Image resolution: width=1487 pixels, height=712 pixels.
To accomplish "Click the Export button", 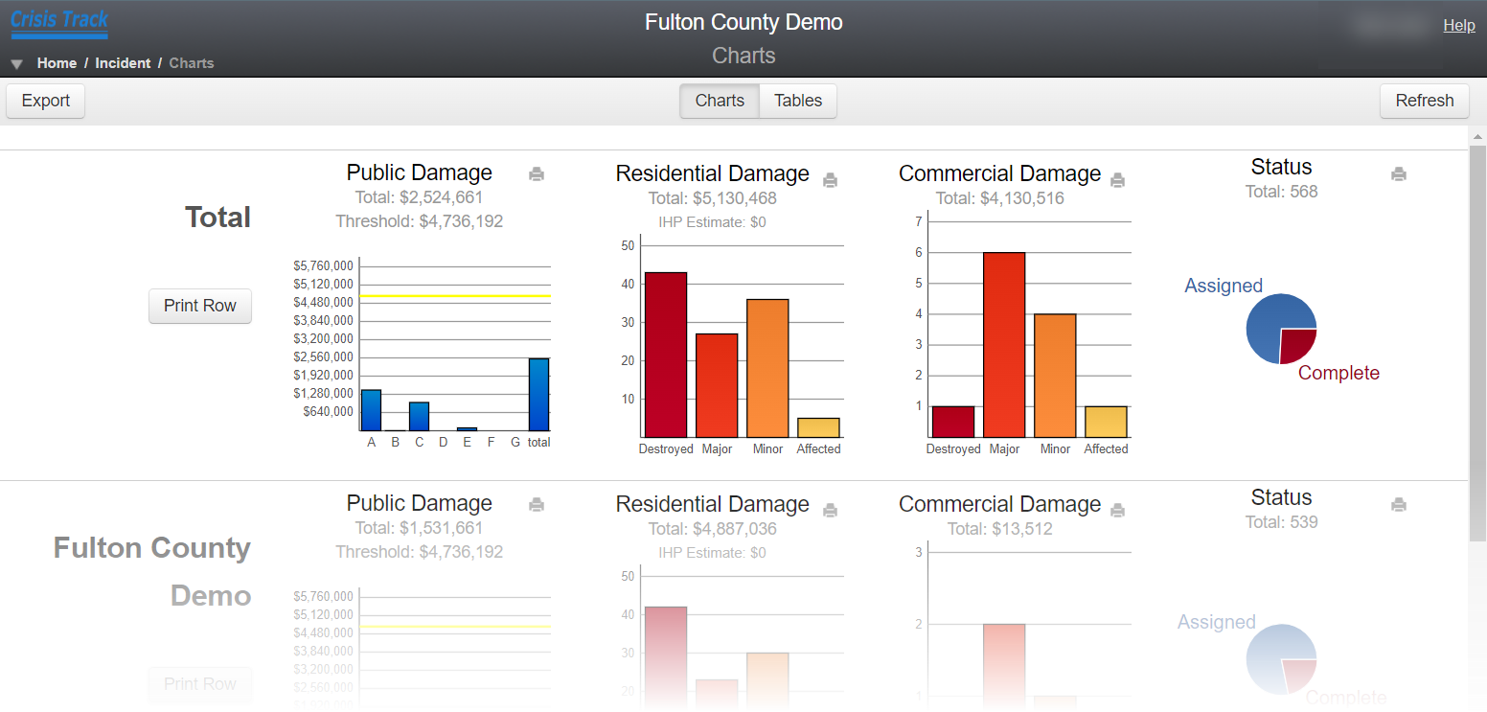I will click(46, 101).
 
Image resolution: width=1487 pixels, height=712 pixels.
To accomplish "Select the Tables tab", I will click(798, 101).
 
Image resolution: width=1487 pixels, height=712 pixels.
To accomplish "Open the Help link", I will click(1458, 26).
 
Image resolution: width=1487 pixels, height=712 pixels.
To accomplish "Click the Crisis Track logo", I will click(59, 21).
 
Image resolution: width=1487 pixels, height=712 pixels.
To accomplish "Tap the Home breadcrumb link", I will click(57, 63).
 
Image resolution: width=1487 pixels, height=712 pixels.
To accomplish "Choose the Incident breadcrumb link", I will click(123, 63).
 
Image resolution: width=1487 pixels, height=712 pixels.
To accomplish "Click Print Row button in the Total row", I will click(199, 306).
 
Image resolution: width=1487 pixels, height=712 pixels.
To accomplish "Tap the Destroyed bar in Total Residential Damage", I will click(665, 355).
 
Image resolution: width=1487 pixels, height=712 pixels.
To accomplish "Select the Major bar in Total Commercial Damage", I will click(1003, 345).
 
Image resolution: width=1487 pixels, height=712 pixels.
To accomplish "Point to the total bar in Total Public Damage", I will click(538, 395).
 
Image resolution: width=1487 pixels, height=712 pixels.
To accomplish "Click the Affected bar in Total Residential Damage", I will click(818, 427).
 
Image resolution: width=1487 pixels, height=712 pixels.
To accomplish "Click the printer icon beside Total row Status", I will click(1399, 174).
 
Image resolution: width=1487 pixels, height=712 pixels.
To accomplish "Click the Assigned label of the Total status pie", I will click(1224, 286).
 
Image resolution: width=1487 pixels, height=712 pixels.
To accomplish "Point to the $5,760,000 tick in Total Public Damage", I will click(323, 265).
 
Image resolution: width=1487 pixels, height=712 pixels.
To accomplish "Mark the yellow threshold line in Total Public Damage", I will click(455, 296).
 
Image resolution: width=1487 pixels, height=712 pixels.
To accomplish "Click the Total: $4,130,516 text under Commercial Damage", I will click(999, 198).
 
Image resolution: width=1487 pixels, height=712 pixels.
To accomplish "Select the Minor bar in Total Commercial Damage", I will click(1055, 376).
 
